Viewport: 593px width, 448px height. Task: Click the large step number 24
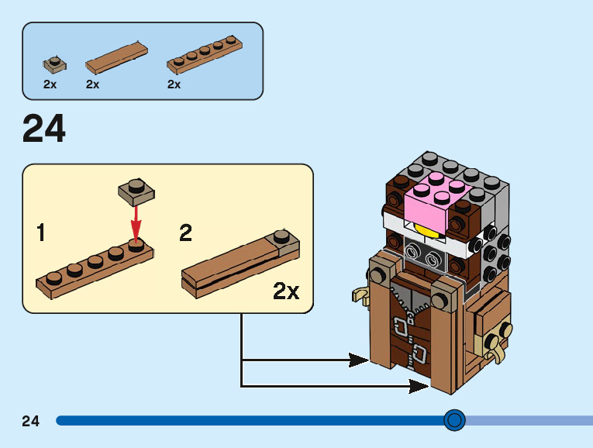[44, 129]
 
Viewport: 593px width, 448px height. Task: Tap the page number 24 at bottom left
[30, 421]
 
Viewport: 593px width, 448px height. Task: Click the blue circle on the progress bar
[454, 420]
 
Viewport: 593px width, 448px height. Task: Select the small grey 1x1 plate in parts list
[53, 62]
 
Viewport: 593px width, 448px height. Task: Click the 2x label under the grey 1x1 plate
[50, 84]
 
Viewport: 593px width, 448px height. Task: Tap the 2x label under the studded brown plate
[174, 84]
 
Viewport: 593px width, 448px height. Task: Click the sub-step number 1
[43, 232]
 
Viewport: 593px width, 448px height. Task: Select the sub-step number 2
[185, 232]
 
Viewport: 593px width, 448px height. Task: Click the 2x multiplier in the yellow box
[286, 291]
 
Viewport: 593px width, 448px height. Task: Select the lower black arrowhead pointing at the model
[419, 385]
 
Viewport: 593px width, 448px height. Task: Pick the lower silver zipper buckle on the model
[419, 353]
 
